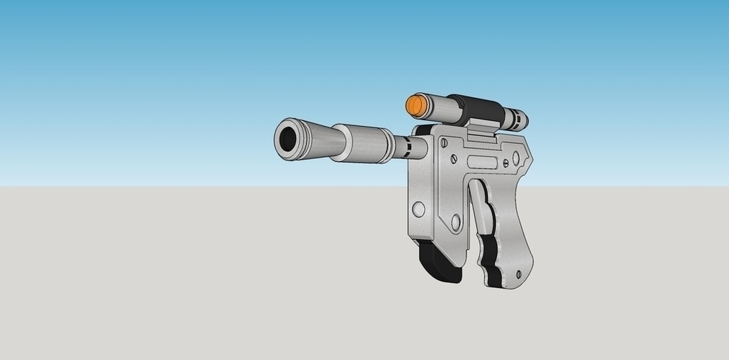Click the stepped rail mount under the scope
[x=480, y=129]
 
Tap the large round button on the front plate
[x=418, y=210]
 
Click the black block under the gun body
[x=438, y=264]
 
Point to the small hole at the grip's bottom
[x=516, y=273]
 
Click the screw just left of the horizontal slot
[x=455, y=156]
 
